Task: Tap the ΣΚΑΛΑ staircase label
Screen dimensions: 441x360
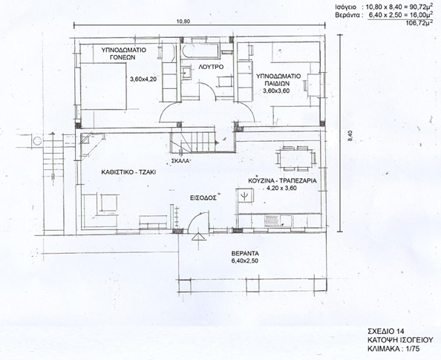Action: [x=180, y=161]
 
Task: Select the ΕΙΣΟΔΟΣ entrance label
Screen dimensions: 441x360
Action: [x=202, y=197]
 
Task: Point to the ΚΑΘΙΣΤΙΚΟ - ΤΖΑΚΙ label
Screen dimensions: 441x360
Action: [x=128, y=172]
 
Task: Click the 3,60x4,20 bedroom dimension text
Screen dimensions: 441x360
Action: [x=143, y=79]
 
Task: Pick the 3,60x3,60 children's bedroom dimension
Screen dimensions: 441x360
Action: [x=276, y=91]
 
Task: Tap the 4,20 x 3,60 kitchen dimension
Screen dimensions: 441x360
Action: [x=281, y=188]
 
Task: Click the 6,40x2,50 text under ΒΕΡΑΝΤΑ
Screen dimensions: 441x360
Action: [x=245, y=261]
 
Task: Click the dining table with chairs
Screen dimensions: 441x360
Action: [x=295, y=158]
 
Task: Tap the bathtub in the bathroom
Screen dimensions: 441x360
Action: [x=200, y=51]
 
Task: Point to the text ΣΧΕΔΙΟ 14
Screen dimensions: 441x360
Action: [x=386, y=330]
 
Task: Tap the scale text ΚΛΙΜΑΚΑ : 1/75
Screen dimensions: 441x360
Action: [x=393, y=349]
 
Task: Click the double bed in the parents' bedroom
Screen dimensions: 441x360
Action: [x=103, y=86]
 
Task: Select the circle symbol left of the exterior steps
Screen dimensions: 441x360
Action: [x=37, y=140]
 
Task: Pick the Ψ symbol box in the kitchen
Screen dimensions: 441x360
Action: [x=245, y=195]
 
